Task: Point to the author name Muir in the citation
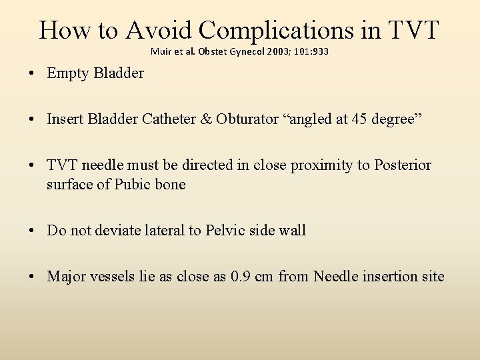click(x=160, y=51)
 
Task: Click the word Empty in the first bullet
click(x=68, y=73)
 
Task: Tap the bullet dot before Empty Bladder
click(x=33, y=74)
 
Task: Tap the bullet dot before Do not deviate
click(x=33, y=231)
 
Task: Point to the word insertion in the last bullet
click(x=390, y=276)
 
